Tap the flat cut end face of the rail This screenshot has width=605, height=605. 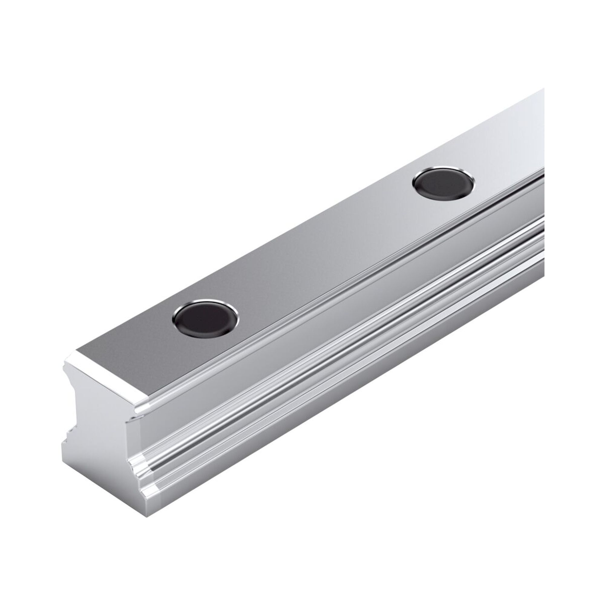click(x=103, y=454)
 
